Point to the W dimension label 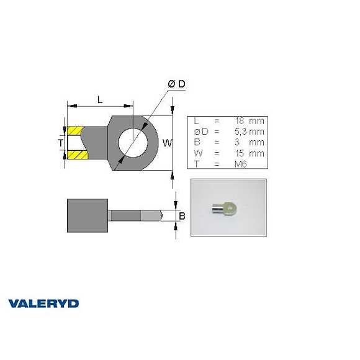(x=166, y=143)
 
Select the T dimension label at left (x=60, y=143)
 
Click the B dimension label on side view (x=182, y=216)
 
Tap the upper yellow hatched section (x=74, y=132)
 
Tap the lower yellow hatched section (x=74, y=154)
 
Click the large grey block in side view (x=88, y=215)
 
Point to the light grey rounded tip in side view (x=152, y=215)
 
